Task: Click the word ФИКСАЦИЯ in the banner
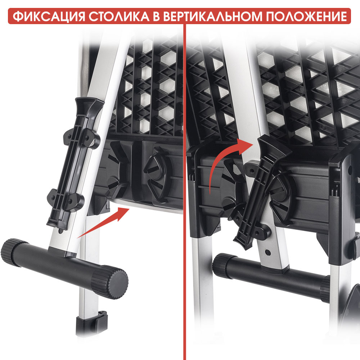49,16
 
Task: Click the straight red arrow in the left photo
103,222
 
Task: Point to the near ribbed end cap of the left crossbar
110,282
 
